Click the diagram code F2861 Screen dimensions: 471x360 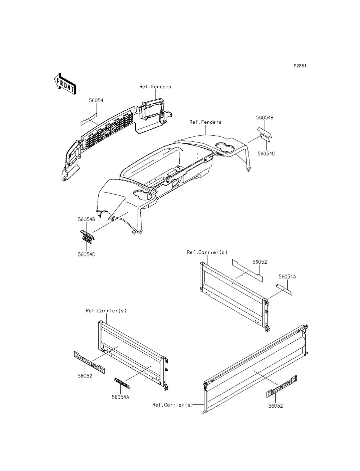pos(300,66)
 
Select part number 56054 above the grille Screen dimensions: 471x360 pos(96,101)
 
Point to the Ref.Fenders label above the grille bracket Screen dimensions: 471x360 pos(155,86)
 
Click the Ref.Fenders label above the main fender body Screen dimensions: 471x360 pos(205,122)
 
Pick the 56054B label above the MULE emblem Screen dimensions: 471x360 pos(86,219)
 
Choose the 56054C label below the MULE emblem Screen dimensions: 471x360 pos(86,254)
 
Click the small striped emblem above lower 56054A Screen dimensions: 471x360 pos(121,383)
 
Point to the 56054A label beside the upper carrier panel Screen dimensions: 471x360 pos(287,277)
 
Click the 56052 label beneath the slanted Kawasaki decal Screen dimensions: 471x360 pos(275,406)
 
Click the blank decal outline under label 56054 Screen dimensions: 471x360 pos(89,119)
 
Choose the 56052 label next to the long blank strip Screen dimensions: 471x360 pos(260,262)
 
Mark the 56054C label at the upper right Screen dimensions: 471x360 pos(266,153)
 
